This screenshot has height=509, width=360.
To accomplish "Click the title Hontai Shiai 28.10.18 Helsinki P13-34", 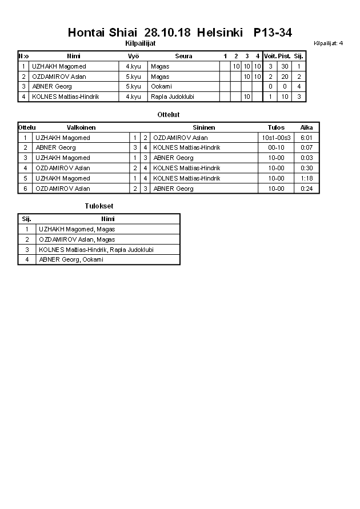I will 179,33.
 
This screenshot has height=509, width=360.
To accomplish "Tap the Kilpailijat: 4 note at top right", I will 328,43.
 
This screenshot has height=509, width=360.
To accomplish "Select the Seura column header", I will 183,56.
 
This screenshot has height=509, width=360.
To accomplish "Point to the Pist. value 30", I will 284,66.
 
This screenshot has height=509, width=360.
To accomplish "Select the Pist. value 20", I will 284,77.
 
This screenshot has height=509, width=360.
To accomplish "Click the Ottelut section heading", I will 169,115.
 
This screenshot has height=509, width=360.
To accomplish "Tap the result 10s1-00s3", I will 276,138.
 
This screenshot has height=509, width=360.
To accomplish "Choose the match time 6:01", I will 306,138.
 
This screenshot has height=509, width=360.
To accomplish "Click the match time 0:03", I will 306,158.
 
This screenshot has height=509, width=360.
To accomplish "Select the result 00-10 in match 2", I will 276,148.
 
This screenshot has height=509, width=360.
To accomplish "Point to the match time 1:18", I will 306,178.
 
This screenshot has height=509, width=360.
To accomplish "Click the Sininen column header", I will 203,127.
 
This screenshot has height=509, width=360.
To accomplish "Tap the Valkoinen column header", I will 81,127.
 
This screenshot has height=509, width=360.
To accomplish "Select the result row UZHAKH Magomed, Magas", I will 77,229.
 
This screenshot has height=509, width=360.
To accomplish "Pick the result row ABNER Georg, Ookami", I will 71,259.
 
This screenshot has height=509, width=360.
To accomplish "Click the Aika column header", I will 306,127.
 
